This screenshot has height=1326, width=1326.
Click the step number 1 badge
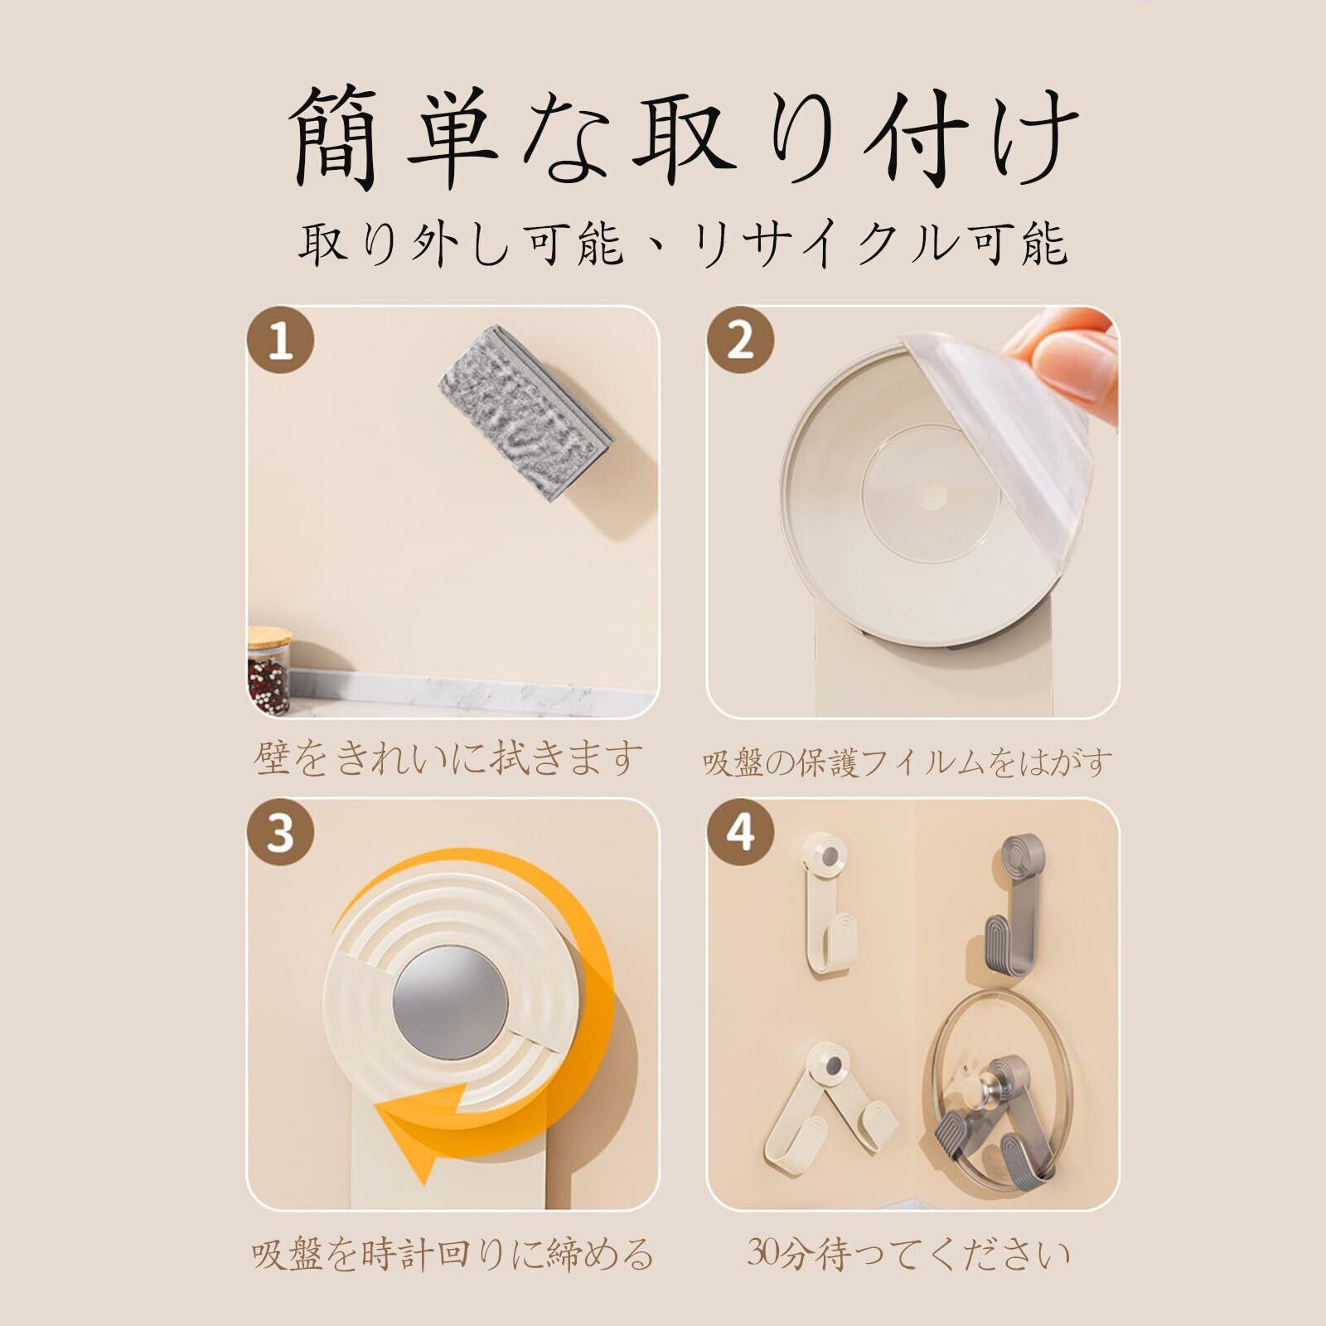281,341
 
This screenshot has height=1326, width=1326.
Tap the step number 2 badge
740,341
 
